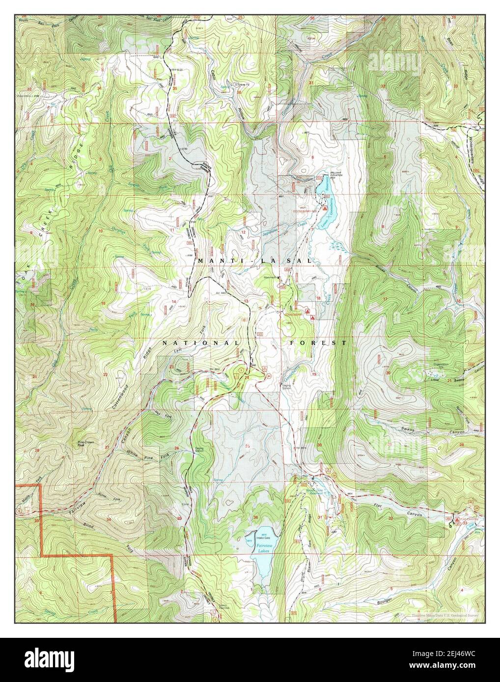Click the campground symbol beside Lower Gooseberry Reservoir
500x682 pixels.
coord(325,208)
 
